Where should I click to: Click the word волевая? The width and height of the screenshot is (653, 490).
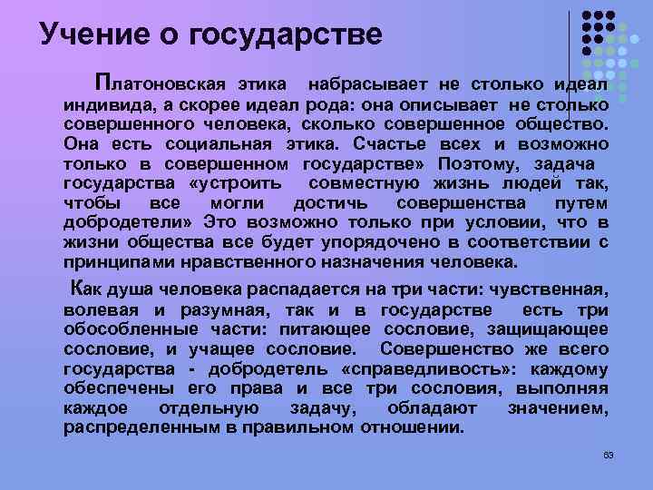click(x=95, y=309)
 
